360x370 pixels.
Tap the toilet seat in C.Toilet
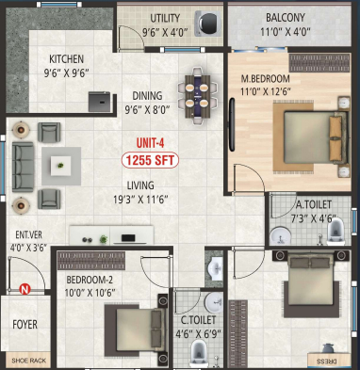point(199,353)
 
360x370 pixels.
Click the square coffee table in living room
point(61,163)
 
